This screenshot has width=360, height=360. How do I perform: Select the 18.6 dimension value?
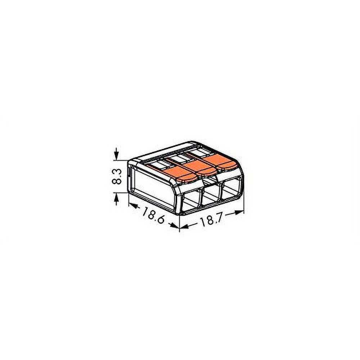pyautogui.click(x=153, y=215)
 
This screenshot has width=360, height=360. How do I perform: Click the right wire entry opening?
pyautogui.click(x=233, y=189)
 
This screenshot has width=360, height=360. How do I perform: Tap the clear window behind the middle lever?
pyautogui.click(x=177, y=159)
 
